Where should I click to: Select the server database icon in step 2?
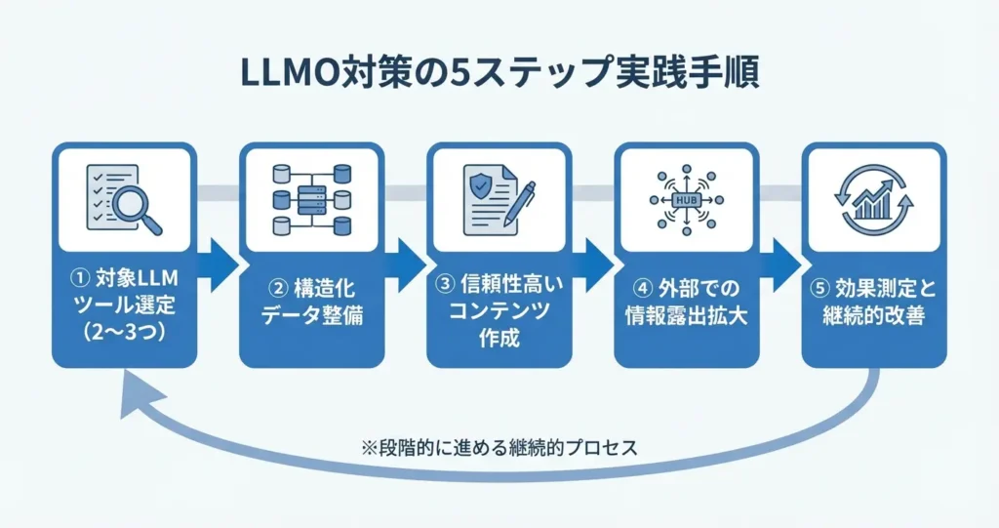coord(311,200)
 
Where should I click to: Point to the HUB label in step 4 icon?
coord(686,200)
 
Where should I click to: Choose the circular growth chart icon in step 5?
coord(873,200)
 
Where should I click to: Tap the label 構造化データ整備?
coord(311,305)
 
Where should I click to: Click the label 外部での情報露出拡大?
coord(686,305)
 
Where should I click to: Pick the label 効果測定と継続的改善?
coord(873,305)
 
